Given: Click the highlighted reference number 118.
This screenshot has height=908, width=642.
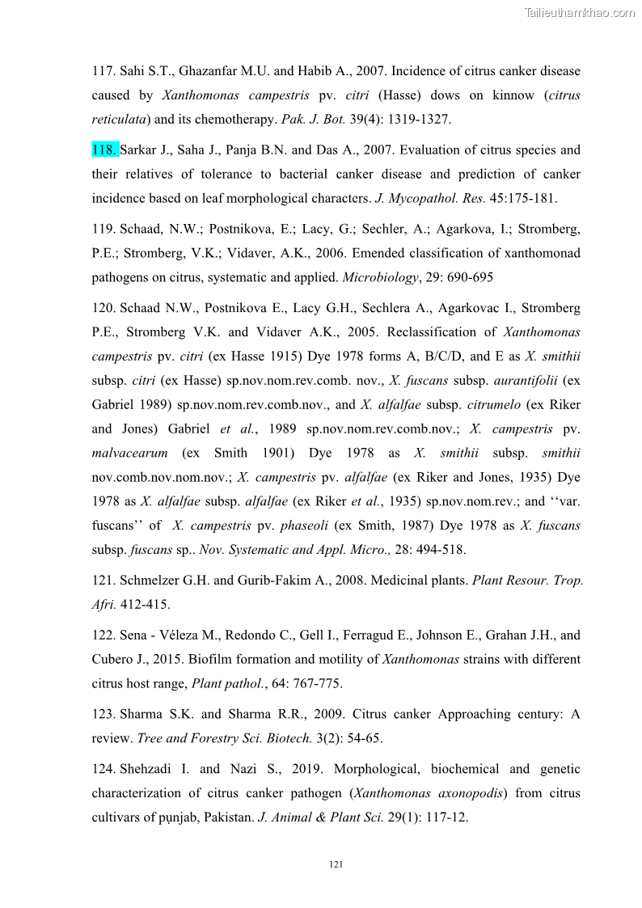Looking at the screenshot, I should [x=105, y=150].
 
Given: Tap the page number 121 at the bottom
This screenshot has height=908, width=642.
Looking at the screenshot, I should [x=337, y=865].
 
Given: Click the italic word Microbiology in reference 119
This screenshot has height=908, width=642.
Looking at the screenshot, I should [x=375, y=277].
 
